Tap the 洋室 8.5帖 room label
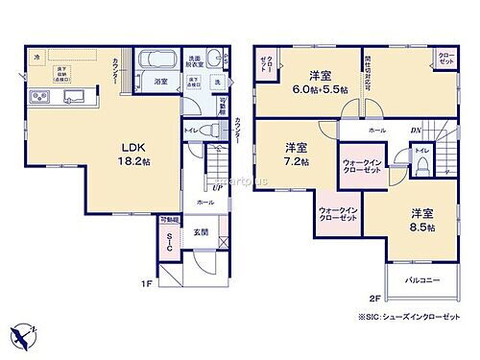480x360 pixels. tap(420, 219)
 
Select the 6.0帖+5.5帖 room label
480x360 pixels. tap(320, 82)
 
